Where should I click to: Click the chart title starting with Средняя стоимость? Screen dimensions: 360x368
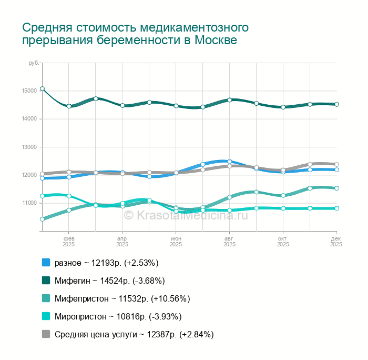pyautogui.click(x=135, y=33)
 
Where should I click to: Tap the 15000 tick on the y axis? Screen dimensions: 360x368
pyautogui.click(x=29, y=91)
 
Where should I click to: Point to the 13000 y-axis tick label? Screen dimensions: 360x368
pyautogui.click(x=29, y=147)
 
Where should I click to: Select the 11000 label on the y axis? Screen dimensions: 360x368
pyautogui.click(x=29, y=203)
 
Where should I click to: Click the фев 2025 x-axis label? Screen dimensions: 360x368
pyautogui.click(x=69, y=241)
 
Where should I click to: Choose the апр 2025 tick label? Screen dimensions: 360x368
pyautogui.click(x=122, y=241)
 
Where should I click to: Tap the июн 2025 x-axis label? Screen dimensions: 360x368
pyautogui.click(x=176, y=241)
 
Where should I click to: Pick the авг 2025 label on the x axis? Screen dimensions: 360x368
pyautogui.click(x=229, y=241)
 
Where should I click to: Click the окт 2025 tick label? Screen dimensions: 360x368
pyautogui.click(x=283, y=241)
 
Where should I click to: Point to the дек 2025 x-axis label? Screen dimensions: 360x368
pyautogui.click(x=336, y=241)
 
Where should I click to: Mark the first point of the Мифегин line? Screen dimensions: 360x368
pyautogui.click(x=43, y=89)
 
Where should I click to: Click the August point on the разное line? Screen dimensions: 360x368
pyautogui.click(x=230, y=162)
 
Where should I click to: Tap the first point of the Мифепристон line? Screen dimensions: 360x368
pyautogui.click(x=43, y=219)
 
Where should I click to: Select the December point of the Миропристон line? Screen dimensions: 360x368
pyautogui.click(x=336, y=208)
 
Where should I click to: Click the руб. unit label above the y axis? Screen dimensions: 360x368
pyautogui.click(x=34, y=63)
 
